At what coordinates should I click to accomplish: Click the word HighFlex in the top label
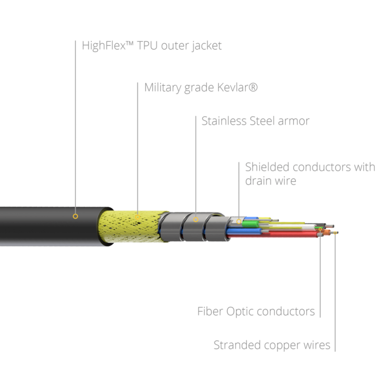pyautogui.click(x=103, y=46)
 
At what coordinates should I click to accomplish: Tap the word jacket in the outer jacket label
pyautogui.click(x=206, y=46)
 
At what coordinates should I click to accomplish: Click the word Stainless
pyautogui.click(x=224, y=121)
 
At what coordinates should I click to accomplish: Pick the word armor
pyautogui.click(x=294, y=122)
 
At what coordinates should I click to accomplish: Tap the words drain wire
pyautogui.click(x=270, y=181)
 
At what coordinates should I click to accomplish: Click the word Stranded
pyautogui.click(x=237, y=345)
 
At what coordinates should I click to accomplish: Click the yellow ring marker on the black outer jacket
pyautogui.click(x=75, y=216)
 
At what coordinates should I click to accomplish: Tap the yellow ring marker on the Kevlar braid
pyautogui.click(x=138, y=217)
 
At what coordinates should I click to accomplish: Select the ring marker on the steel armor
pyautogui.click(x=196, y=220)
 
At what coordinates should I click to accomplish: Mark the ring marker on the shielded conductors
pyautogui.click(x=239, y=221)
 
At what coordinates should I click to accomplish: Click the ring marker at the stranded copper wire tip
pyautogui.click(x=335, y=233)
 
